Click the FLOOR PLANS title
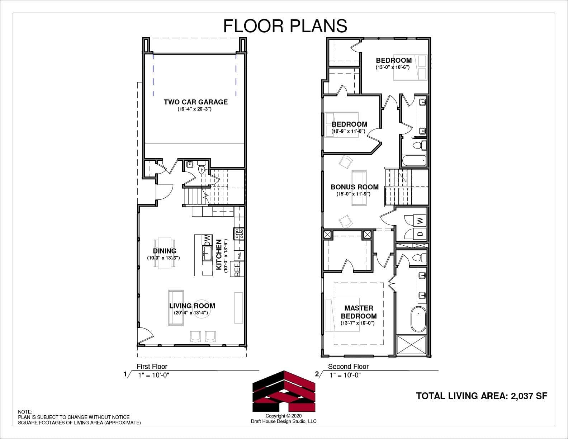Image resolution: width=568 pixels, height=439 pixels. (x=285, y=25)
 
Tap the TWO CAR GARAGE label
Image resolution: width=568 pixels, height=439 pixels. (x=196, y=102)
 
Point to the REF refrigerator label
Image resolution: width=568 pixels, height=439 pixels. (x=237, y=270)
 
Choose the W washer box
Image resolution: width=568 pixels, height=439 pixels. (x=420, y=221)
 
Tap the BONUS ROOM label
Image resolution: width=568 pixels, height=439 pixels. (x=354, y=187)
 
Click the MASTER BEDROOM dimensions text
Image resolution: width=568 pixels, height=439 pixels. (x=358, y=323)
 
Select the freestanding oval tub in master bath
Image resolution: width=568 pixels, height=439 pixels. (x=418, y=319)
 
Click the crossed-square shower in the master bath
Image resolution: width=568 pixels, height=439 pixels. (x=411, y=345)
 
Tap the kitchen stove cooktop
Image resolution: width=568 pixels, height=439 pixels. (x=240, y=233)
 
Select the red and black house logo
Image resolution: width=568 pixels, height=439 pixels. (x=284, y=391)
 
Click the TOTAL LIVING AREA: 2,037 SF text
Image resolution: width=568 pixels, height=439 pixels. (x=482, y=396)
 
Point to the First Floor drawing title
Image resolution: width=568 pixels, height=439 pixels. (x=152, y=367)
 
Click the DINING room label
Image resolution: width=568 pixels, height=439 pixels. (x=165, y=251)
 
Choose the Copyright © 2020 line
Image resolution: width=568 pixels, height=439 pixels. (x=284, y=416)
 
